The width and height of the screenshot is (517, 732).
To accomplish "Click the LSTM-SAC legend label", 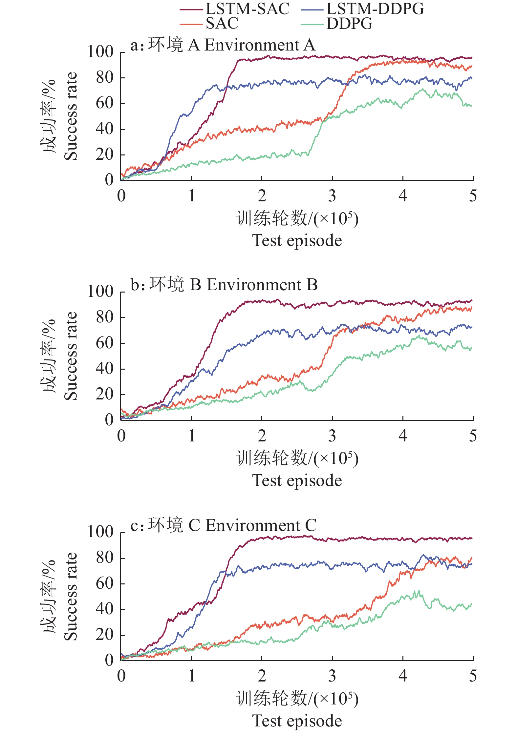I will [x=248, y=9].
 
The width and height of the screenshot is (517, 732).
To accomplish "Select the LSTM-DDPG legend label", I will [x=375, y=9].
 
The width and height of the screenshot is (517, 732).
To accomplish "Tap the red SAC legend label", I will [x=222, y=23].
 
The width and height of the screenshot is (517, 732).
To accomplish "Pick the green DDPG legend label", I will [x=349, y=24].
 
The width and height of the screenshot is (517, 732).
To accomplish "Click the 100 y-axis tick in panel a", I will [x=100, y=52].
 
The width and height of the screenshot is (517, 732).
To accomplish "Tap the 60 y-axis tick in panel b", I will [x=104, y=343].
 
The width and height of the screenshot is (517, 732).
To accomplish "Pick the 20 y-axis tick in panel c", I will [x=104, y=635].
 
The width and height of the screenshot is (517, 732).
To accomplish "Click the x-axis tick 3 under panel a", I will [x=332, y=196].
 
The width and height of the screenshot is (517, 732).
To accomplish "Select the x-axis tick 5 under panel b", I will [x=473, y=436].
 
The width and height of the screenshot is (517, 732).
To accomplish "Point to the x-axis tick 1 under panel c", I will [x=192, y=676].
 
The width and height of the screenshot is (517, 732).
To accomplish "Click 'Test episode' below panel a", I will [x=297, y=240].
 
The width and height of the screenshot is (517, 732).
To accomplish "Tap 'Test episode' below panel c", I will [x=297, y=721].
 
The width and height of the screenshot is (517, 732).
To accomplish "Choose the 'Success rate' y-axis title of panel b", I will [x=71, y=356].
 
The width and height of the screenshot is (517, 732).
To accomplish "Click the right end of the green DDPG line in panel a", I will [x=472, y=106].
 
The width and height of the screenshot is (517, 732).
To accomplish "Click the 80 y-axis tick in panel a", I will [x=104, y=78].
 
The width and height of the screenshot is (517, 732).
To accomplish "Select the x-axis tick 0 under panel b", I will [x=121, y=436].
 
